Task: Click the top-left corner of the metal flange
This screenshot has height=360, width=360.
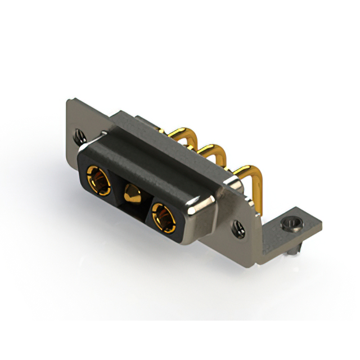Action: (69, 101)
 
